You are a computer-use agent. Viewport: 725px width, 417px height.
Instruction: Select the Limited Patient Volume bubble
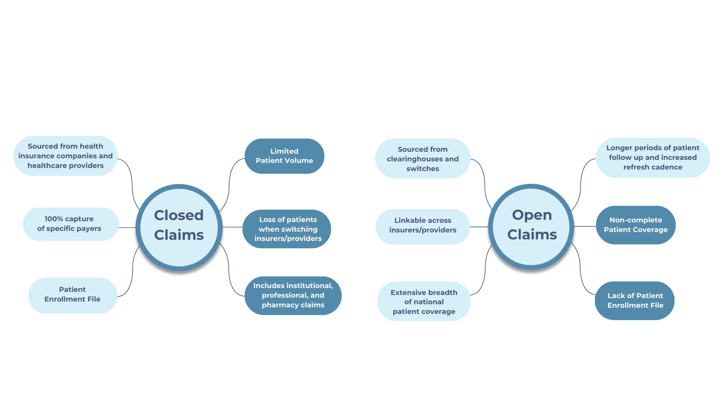(284, 156)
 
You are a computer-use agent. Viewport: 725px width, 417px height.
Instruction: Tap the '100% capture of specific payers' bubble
(69, 224)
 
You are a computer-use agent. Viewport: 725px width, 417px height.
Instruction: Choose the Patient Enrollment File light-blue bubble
(72, 295)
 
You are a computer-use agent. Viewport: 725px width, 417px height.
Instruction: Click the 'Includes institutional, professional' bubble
(293, 295)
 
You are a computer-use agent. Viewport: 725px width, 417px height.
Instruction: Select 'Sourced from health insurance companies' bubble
(66, 156)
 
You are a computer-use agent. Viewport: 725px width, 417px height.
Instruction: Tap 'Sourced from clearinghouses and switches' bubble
(423, 159)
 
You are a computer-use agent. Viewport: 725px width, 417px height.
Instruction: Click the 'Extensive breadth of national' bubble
(424, 302)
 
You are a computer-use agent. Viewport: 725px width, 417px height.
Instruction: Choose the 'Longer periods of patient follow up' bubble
(652, 158)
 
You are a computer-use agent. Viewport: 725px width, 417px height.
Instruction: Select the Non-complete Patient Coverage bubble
(636, 225)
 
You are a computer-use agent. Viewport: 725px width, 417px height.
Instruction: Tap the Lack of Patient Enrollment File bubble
(635, 300)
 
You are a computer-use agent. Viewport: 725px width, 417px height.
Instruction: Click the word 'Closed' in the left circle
(179, 215)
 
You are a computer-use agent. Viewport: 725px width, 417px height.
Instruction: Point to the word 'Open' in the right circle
(532, 215)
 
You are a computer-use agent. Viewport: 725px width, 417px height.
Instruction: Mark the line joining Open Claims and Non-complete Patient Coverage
(585, 227)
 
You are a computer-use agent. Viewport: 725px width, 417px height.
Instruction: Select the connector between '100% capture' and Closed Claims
(127, 227)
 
